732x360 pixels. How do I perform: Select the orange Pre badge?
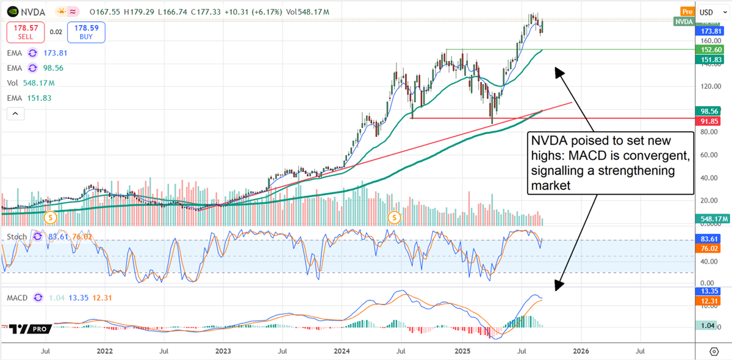pos(687,12)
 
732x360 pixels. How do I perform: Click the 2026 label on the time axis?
pos(581,351)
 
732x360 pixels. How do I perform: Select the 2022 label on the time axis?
pos(104,351)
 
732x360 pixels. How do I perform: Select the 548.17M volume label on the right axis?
pos(712,218)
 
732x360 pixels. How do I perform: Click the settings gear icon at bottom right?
pos(714,351)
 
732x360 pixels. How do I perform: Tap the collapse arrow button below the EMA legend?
pos(16,113)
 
